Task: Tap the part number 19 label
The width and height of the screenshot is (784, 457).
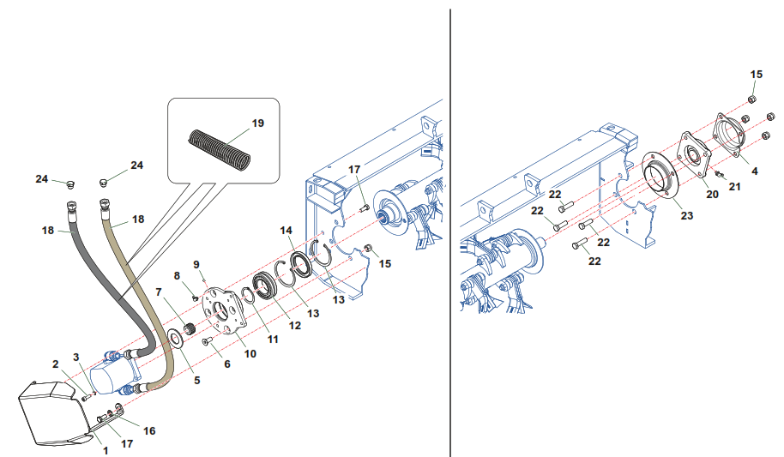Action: coord(258,123)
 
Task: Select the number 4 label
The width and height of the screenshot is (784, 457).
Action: coord(755,171)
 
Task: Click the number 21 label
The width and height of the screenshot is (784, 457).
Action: coord(734,186)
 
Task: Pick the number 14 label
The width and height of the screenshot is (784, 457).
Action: coord(286,230)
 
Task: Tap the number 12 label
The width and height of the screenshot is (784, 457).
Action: coord(294,325)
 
